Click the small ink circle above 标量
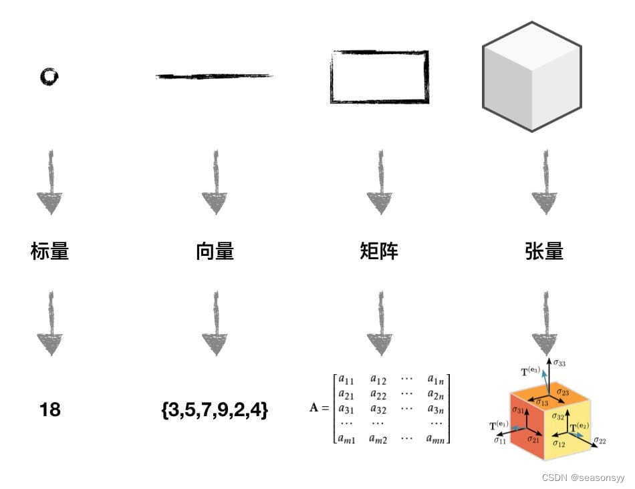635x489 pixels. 49,77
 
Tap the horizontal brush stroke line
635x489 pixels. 214,76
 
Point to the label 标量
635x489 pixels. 49,251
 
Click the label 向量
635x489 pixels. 215,251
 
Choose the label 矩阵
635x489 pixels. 379,251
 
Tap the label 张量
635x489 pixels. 544,251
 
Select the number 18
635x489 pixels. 49,410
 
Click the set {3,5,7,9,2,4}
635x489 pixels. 215,410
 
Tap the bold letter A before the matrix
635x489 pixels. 314,409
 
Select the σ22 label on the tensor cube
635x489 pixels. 600,441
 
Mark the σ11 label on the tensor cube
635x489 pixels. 499,441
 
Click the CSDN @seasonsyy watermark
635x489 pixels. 583,478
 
